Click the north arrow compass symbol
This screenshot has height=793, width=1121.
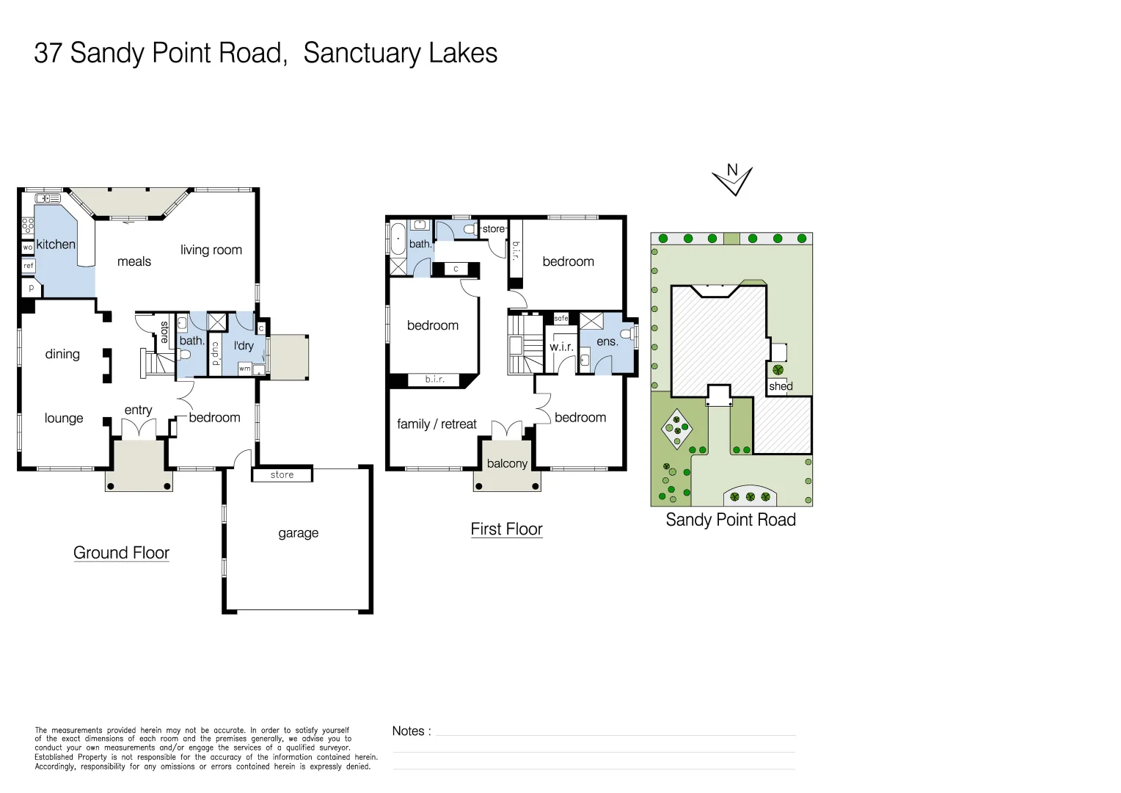pos(732,179)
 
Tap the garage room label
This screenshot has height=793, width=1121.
pos(298,533)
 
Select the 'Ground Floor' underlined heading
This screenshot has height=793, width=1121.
pos(121,553)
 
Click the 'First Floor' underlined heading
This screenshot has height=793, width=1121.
pos(506,529)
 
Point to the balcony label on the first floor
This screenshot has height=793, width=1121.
pos(507,463)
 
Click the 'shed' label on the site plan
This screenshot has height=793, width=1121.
pos(781,386)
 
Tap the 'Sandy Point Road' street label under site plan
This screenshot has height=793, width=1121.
pos(730,520)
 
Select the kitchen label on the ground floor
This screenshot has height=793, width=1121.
pos(56,245)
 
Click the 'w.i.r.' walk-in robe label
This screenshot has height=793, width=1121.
pos(561,347)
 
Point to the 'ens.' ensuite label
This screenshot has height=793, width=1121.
pos(607,341)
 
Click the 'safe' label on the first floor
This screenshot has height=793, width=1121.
pos(561,319)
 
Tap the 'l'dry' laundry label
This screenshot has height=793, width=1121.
pos(244,346)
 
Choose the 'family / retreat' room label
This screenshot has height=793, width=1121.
pos(437,424)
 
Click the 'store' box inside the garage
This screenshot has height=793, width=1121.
pos(282,475)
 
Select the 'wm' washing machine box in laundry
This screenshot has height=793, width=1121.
pos(244,369)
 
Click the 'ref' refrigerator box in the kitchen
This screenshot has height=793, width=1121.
pos(29,266)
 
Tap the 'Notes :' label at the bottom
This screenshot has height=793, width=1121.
pos(412,731)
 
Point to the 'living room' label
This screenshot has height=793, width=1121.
pos(211,250)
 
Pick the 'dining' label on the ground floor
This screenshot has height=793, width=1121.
pos(62,354)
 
